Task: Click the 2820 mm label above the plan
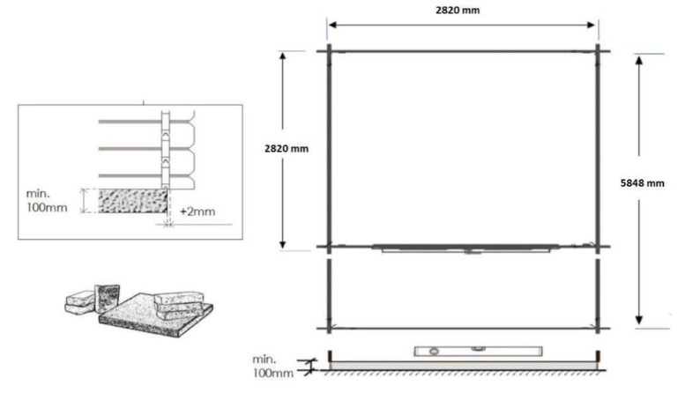tap(464, 10)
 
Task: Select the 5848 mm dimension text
tap(643, 184)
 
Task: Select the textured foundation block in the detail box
tap(131, 200)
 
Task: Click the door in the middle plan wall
tap(465, 249)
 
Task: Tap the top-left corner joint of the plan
tap(330, 50)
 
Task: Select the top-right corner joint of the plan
tap(599, 50)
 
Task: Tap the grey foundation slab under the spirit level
tap(464, 363)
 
